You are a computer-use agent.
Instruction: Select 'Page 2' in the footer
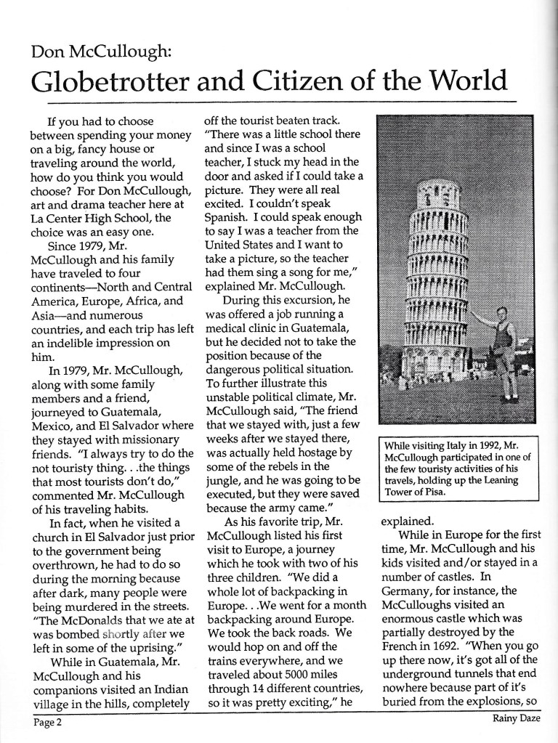click(46, 722)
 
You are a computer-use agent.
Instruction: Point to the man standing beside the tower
click(504, 341)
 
